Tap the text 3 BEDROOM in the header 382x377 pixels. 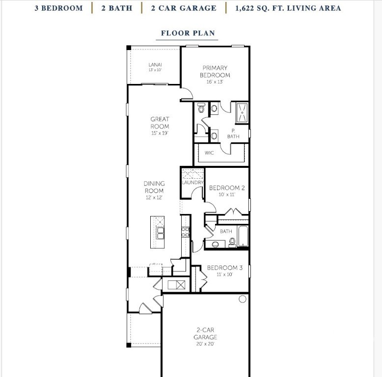(58, 8)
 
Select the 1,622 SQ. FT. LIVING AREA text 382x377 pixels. (288, 8)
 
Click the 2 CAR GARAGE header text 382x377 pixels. (184, 8)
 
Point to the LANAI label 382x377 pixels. (155, 65)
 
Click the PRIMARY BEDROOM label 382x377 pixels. (215, 71)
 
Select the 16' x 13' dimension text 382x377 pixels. (215, 82)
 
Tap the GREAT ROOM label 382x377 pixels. (160, 123)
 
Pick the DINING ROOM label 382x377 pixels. (154, 187)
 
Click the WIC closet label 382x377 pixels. (210, 153)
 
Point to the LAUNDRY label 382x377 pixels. (192, 183)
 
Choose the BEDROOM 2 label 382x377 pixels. (226, 188)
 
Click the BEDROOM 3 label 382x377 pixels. (224, 268)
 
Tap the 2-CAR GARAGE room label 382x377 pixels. (205, 334)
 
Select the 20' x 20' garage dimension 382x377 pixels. (205, 344)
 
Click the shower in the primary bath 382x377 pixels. (242, 113)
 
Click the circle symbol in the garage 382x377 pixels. (242, 299)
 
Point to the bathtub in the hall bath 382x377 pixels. (243, 237)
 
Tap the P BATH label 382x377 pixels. (233, 134)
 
